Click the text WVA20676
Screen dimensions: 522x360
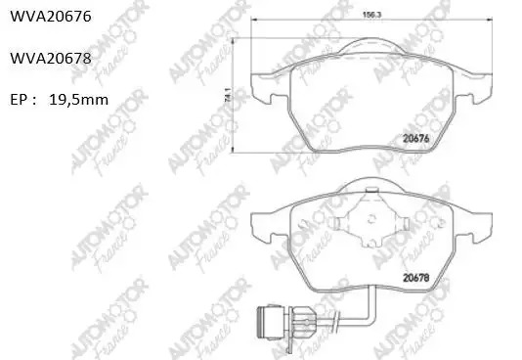51,16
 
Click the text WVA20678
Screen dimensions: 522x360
51,59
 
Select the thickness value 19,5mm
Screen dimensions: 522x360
78,100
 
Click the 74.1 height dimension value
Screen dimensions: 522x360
228,95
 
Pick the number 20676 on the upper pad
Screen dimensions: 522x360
416,138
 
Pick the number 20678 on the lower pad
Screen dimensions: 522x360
416,278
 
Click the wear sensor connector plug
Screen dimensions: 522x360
271,323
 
